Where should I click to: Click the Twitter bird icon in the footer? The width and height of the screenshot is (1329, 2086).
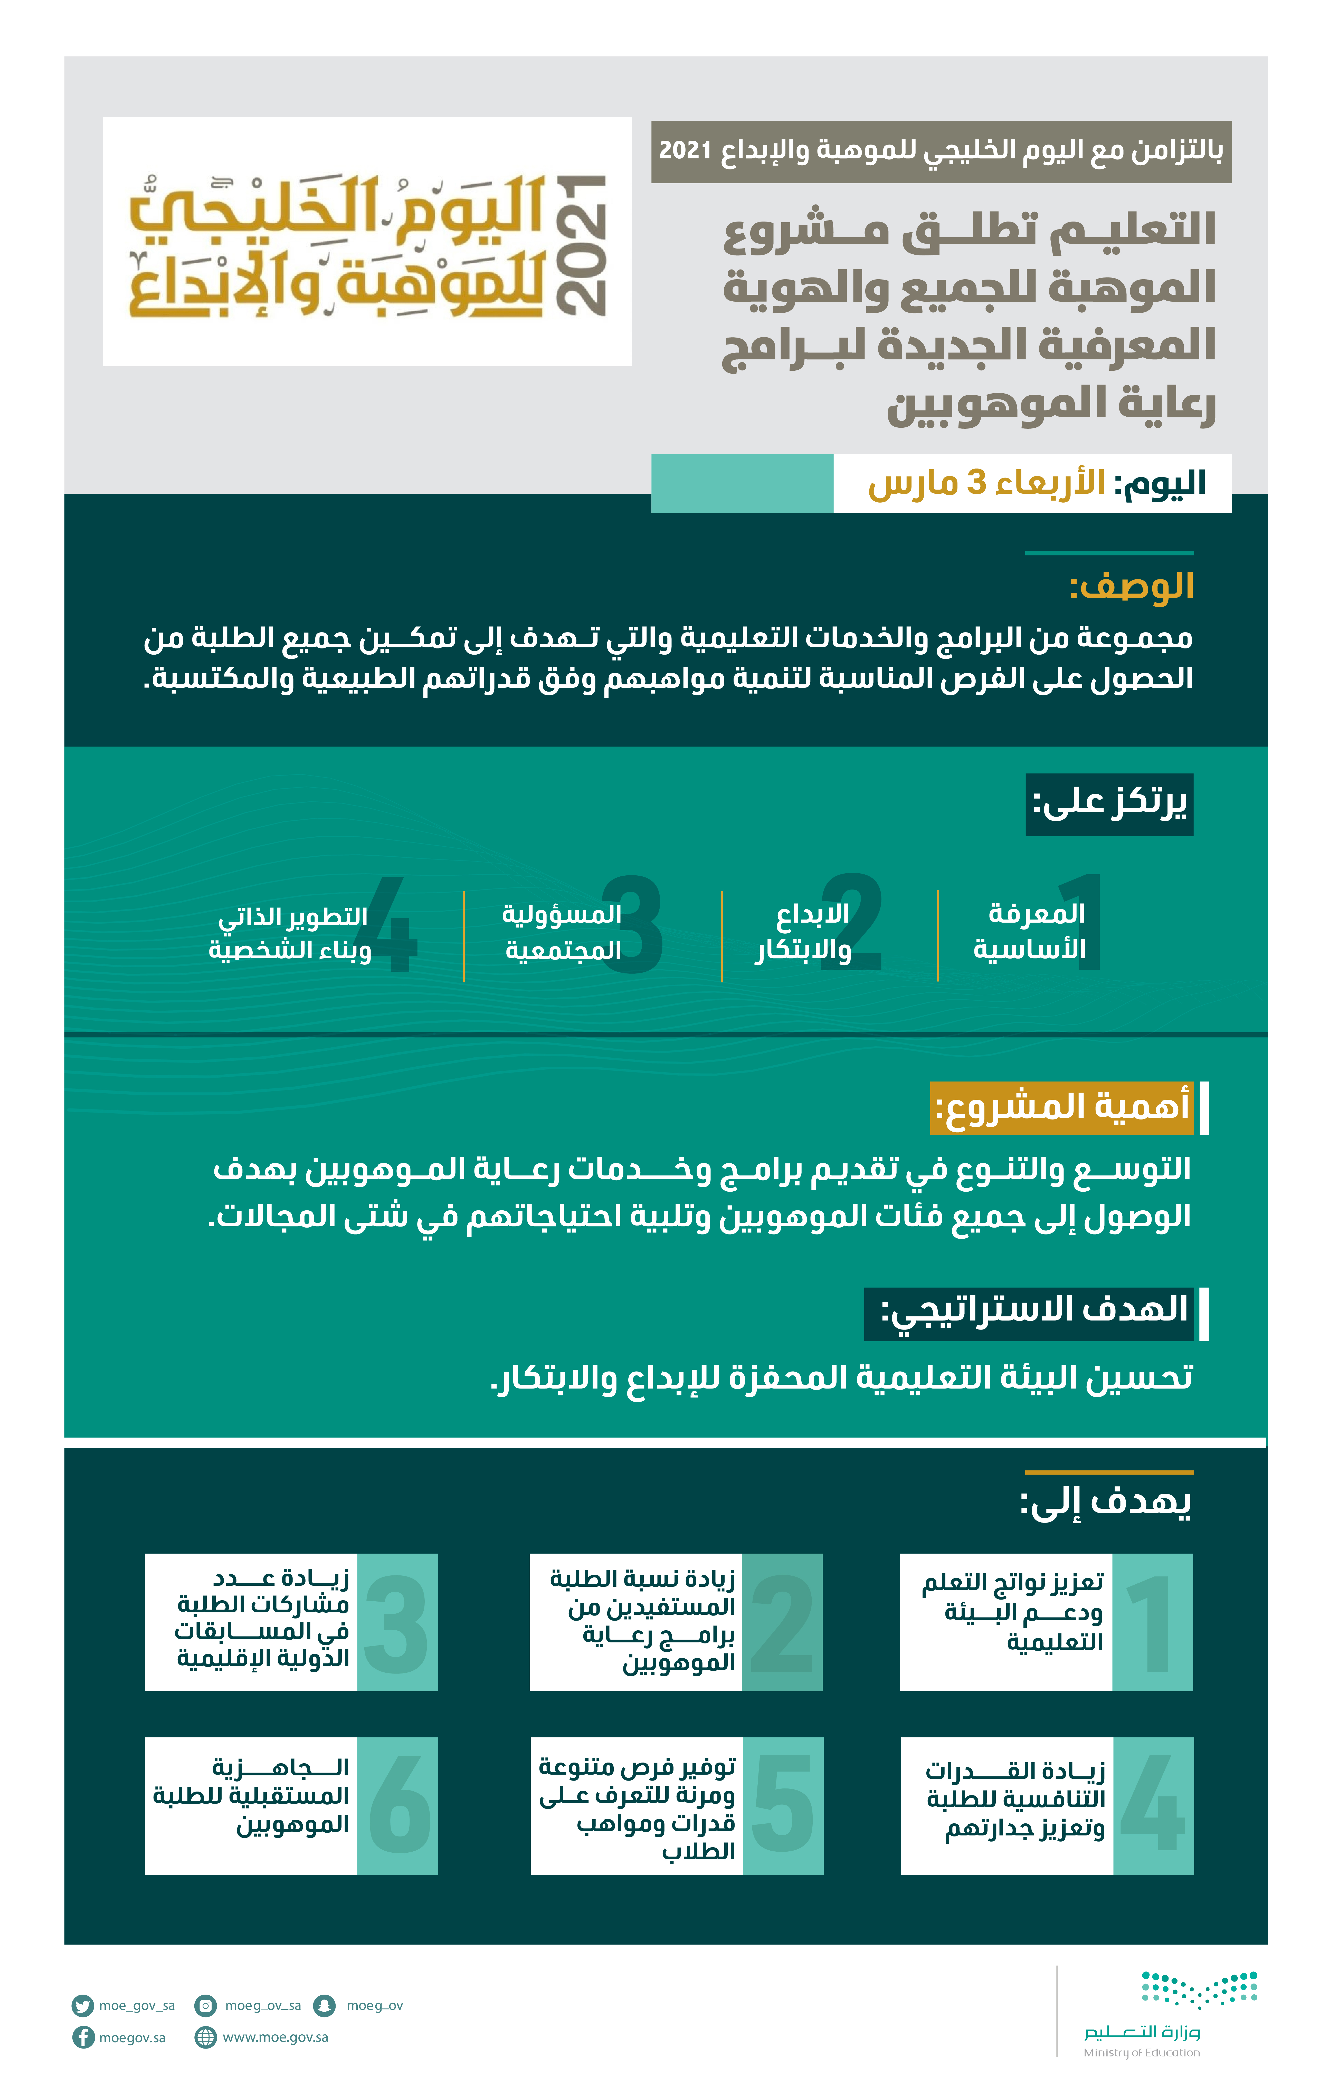(82, 2005)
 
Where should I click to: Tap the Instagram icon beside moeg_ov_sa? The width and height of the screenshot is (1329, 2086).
(205, 2005)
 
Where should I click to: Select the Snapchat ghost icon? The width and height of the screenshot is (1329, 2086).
(324, 2005)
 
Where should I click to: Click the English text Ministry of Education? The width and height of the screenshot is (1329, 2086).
(1141, 2052)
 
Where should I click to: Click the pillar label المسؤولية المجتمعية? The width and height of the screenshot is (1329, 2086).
(562, 932)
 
